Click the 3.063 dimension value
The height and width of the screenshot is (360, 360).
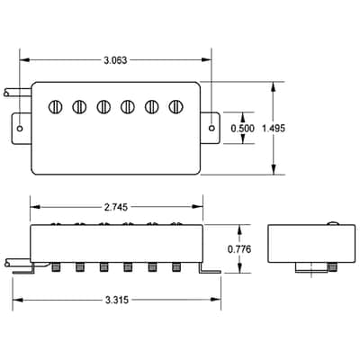(115, 60)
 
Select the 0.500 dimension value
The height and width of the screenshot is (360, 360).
(242, 129)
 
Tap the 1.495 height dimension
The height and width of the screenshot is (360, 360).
(274, 129)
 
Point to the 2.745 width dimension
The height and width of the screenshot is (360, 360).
(116, 207)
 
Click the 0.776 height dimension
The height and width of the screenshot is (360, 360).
(239, 249)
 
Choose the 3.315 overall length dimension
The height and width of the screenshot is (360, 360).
(117, 300)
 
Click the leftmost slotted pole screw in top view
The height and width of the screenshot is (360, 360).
(56, 106)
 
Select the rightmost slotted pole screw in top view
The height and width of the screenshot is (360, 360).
(175, 106)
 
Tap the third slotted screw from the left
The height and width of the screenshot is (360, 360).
(103, 106)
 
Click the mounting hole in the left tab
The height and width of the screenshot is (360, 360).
(20, 129)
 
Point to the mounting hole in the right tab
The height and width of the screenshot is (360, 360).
(211, 128)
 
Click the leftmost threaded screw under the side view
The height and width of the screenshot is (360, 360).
(55, 267)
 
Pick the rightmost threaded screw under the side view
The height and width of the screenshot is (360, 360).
(175, 267)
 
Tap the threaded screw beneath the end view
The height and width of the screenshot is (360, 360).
(332, 267)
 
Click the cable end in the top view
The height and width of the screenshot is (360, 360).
(6, 93)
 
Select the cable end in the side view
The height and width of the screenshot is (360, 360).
(7, 264)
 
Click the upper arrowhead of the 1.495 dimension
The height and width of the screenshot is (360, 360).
(274, 87)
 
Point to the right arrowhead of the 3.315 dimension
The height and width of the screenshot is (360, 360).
(216, 300)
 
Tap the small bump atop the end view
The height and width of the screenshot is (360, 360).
(333, 223)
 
